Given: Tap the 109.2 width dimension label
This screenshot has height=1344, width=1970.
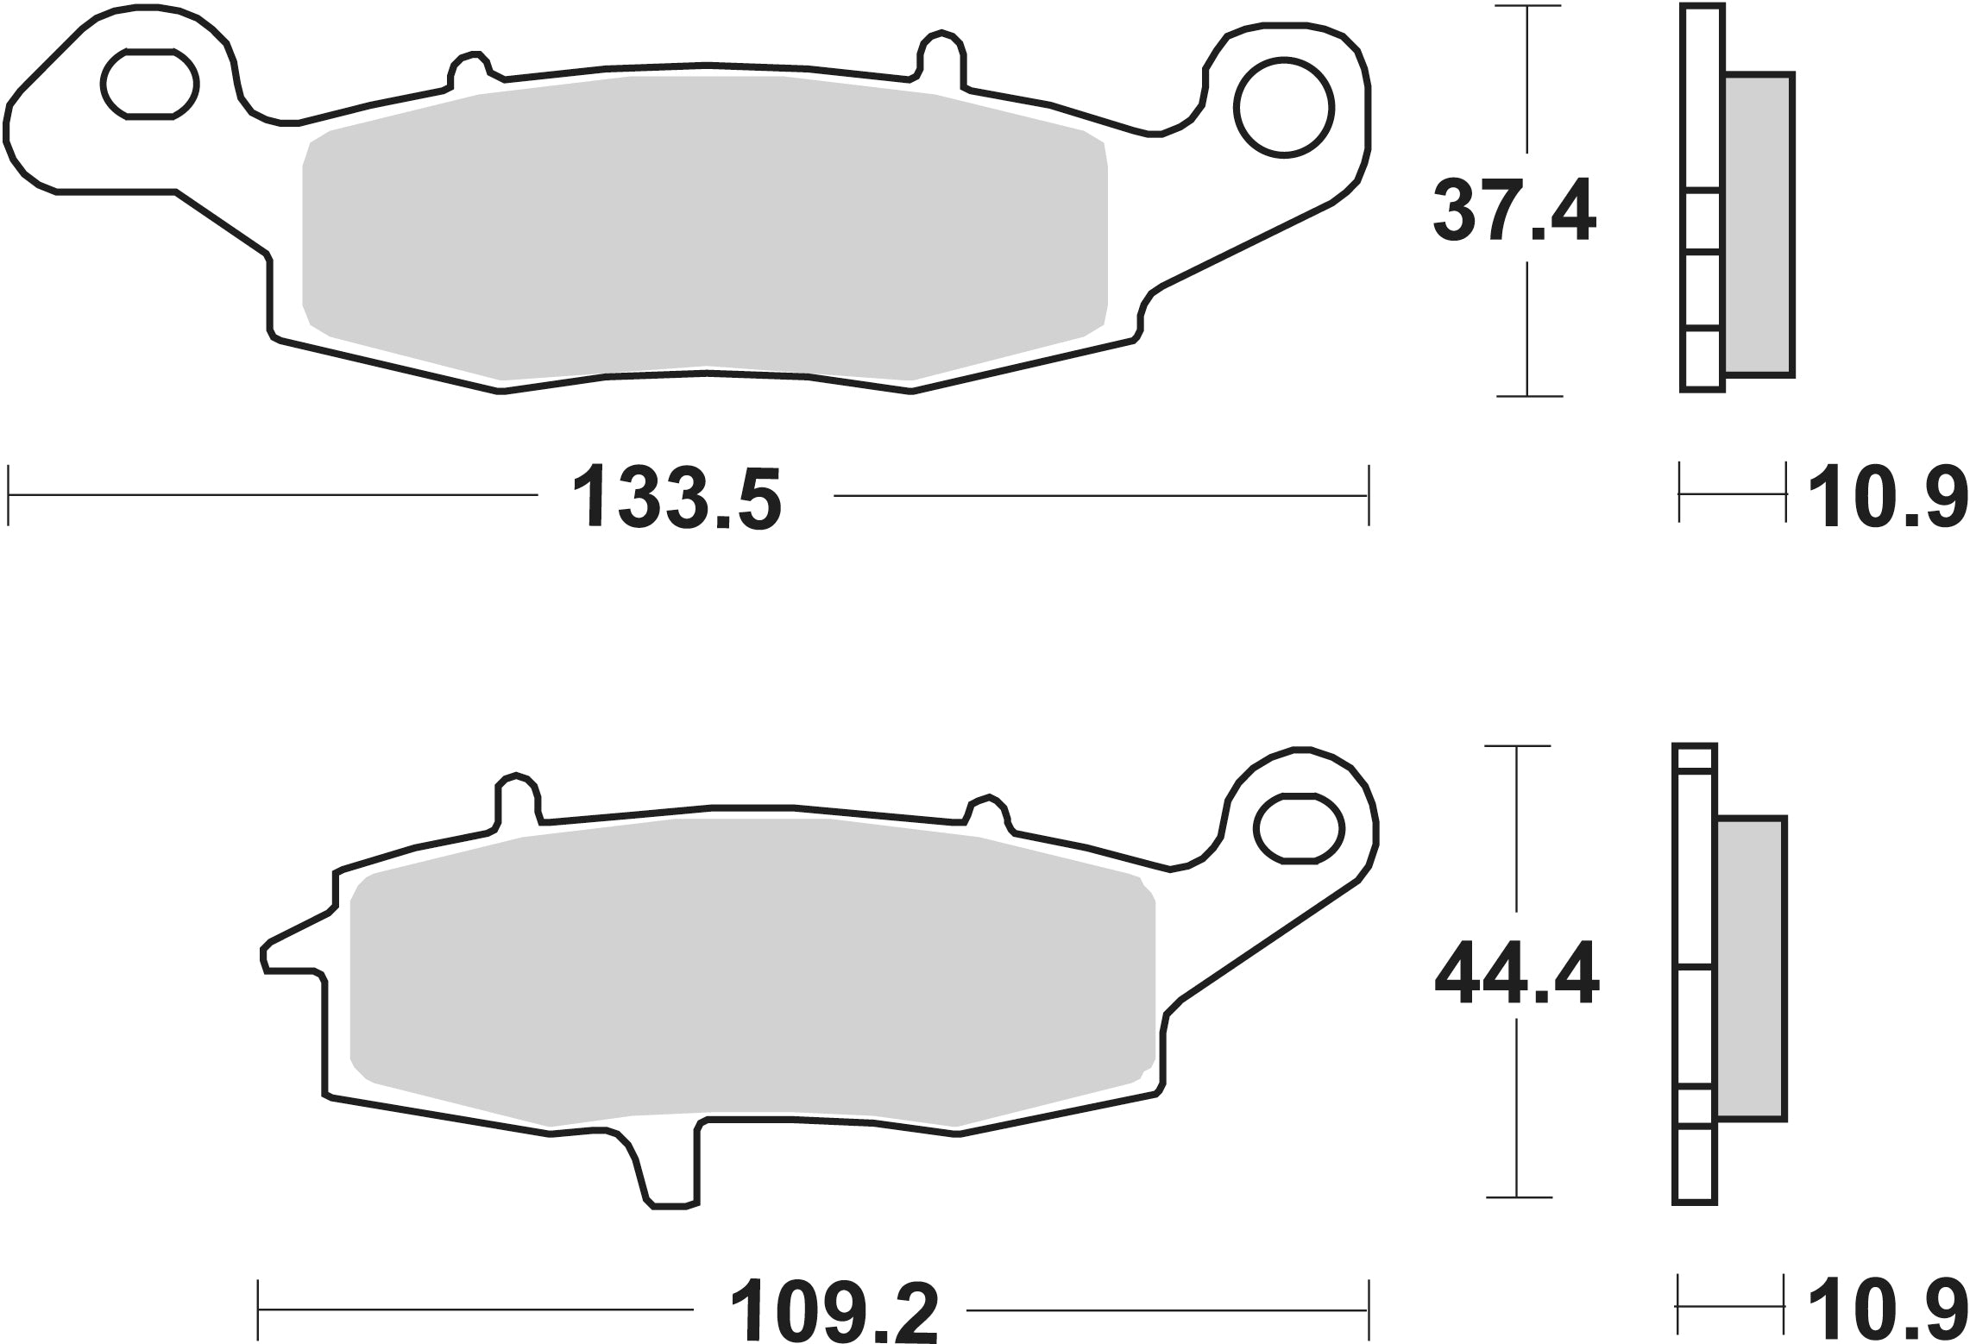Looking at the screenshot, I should pos(834,1310).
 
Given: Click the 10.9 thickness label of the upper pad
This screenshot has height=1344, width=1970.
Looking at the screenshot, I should pos(1886,498).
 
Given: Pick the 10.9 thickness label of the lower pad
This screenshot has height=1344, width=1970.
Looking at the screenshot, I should pos(1886,1310).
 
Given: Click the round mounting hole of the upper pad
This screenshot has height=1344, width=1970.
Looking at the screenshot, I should pos(1284,109).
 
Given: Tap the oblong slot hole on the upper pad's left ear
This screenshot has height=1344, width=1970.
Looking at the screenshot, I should pos(150,84).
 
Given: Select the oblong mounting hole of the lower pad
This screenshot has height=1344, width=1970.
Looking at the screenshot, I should pos(1300,828).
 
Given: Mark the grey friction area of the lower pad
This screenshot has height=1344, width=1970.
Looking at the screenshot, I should pos(751,973).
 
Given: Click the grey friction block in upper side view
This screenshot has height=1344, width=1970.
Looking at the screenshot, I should pos(1759,224).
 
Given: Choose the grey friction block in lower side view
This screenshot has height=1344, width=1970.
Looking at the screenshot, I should pos(1751,969).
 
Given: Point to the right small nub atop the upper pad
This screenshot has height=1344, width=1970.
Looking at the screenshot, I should pos(942,53).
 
